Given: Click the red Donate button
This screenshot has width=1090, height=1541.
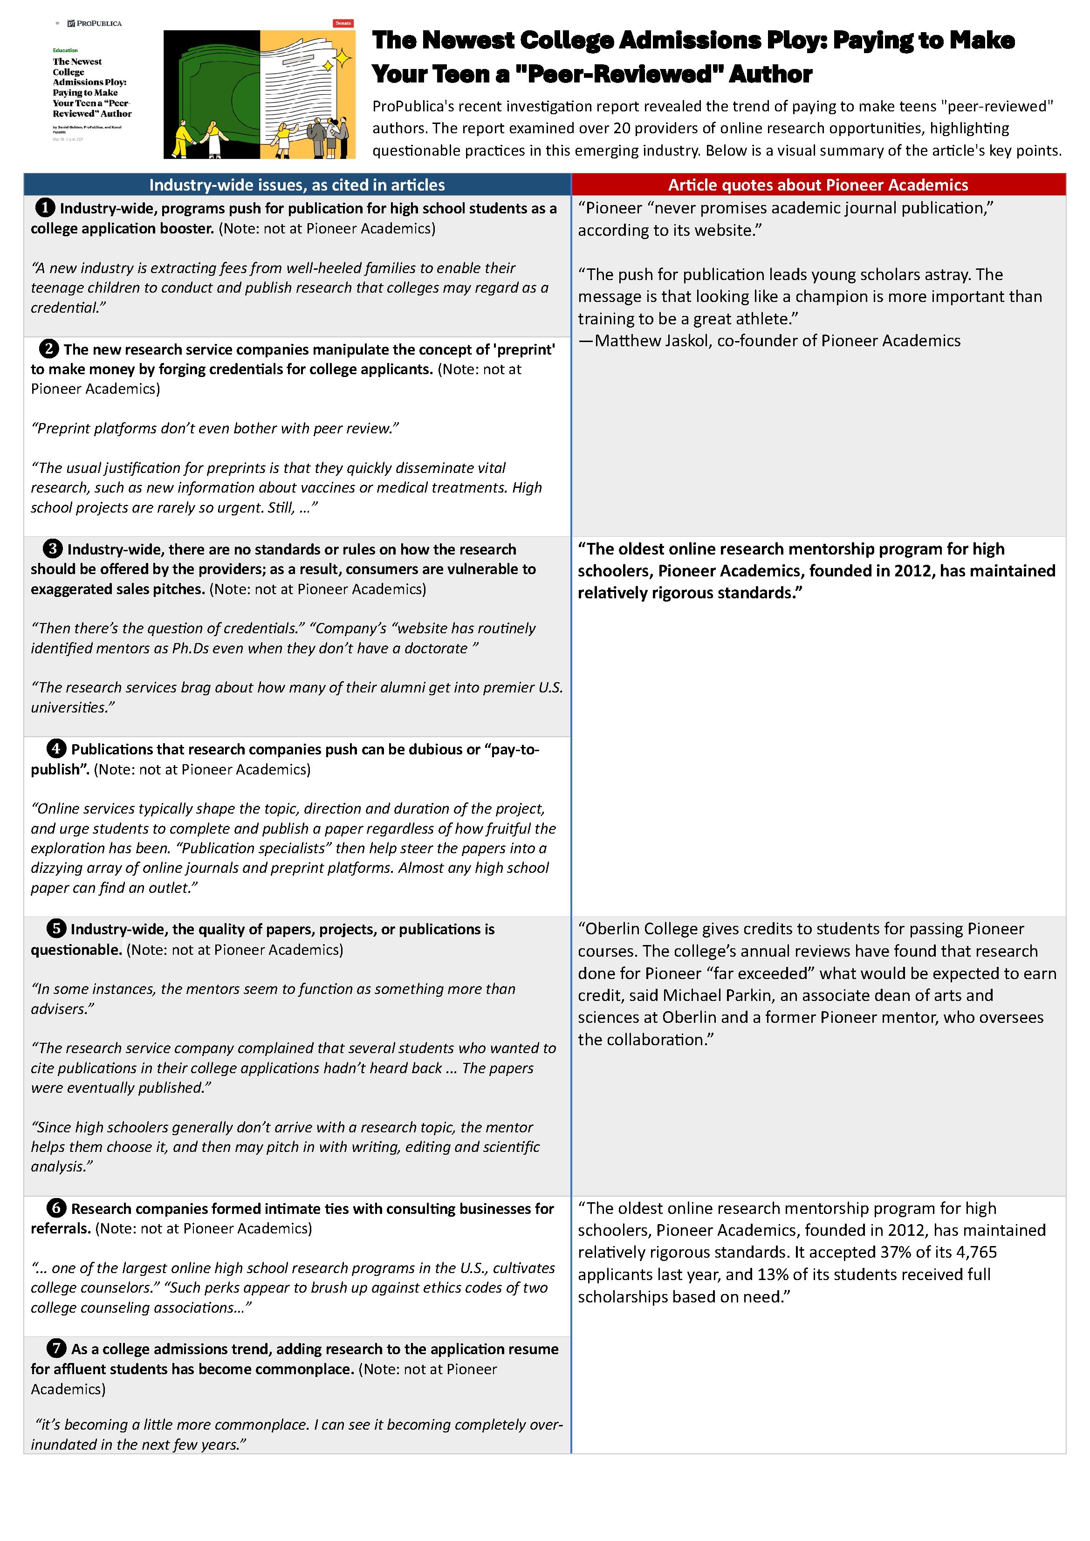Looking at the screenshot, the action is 343,23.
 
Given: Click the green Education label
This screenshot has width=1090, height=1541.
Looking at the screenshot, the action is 65,50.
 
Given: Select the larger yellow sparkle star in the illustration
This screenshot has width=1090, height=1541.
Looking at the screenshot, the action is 343,59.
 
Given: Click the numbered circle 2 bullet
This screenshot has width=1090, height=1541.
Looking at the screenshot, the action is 48,349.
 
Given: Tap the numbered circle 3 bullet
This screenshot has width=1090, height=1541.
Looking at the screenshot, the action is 52,548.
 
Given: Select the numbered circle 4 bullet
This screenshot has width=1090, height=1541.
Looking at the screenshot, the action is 56,748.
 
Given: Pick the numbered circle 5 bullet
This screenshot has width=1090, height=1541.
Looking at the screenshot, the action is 56,928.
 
